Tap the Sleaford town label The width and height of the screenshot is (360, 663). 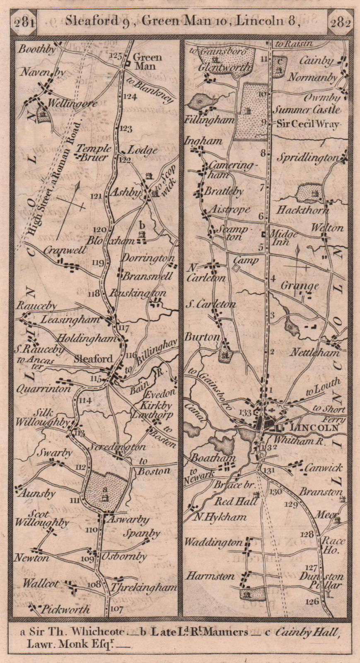[x=94, y=359]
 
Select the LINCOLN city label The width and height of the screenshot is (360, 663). [x=311, y=428]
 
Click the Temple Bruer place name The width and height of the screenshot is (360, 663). [x=94, y=152]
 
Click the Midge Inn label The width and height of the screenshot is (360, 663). [x=284, y=238]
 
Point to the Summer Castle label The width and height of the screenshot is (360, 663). [x=307, y=110]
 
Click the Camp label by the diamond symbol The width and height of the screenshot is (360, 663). [x=246, y=260]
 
